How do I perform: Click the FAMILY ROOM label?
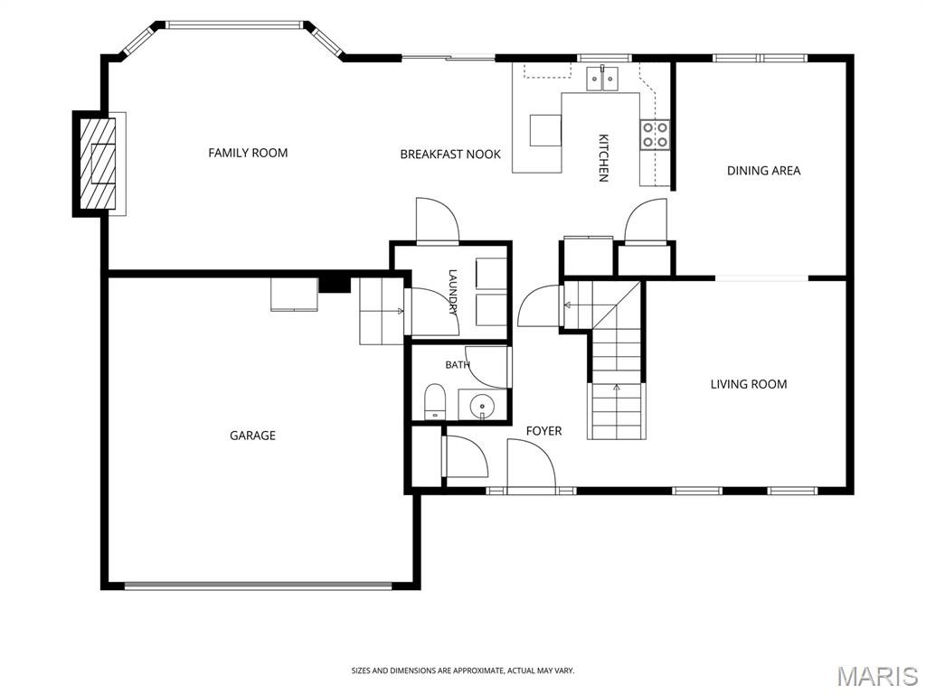[248, 153]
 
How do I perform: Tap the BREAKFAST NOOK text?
[450, 155]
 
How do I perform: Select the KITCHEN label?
[603, 157]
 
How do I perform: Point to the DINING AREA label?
[763, 171]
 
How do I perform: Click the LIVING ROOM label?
[748, 384]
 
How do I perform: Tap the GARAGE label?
[253, 436]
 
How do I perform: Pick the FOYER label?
[543, 431]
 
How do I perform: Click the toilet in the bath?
[435, 401]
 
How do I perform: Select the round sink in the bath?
[483, 406]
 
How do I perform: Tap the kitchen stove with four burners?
[656, 134]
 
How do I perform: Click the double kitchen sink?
[602, 79]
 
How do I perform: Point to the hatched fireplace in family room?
[98, 164]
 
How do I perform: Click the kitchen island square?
[545, 130]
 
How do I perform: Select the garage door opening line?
[258, 586]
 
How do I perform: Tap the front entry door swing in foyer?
[532, 464]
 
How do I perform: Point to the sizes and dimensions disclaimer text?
[463, 671]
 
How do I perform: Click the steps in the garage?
[382, 311]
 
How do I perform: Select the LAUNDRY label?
[453, 292]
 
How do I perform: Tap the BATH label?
[457, 365]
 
